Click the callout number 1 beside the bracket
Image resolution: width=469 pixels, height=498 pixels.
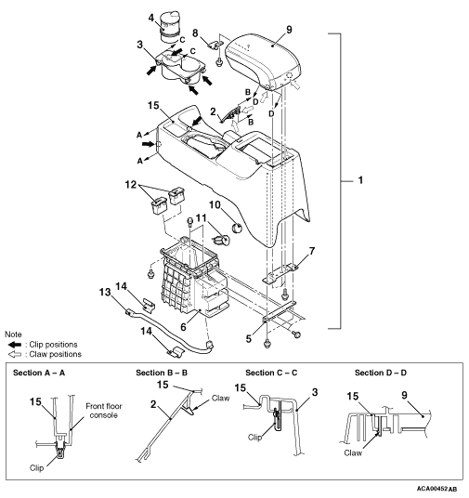360,180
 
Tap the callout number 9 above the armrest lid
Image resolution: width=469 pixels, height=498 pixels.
289,30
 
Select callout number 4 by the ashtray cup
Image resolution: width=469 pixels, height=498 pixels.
151,18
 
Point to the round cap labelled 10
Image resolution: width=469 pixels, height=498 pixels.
237,228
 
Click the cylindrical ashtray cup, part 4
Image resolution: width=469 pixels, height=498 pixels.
170,27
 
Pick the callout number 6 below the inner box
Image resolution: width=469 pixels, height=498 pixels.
183,327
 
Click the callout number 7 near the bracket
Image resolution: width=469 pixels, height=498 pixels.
312,251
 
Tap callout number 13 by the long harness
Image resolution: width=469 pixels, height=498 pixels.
105,292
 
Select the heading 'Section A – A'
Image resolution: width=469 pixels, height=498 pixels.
39,373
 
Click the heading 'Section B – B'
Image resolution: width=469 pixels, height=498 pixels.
162,373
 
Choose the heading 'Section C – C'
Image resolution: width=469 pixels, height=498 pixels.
271,373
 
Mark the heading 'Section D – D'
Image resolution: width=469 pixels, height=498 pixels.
381,373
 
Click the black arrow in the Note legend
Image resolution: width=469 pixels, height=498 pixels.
14,345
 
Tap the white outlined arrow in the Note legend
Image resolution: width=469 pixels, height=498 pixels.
14,354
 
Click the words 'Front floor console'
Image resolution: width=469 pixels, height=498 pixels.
104,411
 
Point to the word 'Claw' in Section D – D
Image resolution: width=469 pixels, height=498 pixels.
353,452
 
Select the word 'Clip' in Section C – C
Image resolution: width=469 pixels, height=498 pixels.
254,438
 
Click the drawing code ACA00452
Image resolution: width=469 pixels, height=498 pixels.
433,488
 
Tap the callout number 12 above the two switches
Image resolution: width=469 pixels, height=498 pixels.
131,185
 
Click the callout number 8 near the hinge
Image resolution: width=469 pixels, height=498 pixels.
195,33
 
